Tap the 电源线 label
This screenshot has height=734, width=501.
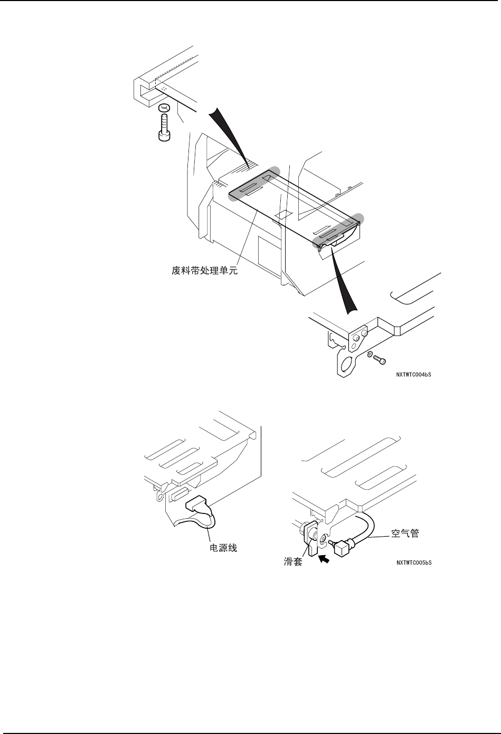(220, 548)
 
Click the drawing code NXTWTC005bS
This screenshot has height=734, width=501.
(414, 563)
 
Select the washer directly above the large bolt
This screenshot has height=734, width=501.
(164, 109)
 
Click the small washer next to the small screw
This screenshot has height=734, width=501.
(370, 354)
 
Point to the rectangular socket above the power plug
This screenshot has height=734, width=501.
(178, 494)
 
